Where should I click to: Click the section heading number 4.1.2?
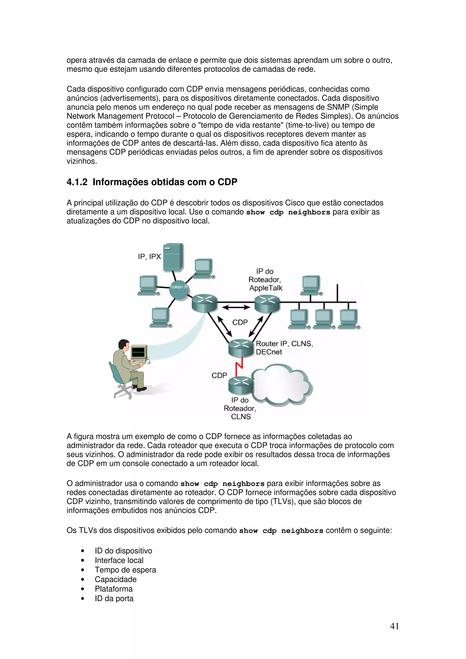click(x=77, y=182)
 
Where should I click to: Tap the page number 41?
click(x=394, y=626)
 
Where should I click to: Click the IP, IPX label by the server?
click(x=149, y=256)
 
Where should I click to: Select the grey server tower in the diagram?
click(x=173, y=257)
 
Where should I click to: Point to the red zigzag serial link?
click(x=239, y=367)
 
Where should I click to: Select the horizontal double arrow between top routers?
click(x=236, y=307)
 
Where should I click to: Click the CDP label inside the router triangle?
click(x=240, y=322)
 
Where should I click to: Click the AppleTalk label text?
click(x=266, y=288)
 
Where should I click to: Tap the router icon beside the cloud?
click(x=241, y=385)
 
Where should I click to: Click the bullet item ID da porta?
click(x=114, y=599)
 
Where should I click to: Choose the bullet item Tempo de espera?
click(x=125, y=570)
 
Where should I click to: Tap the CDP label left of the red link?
click(x=219, y=375)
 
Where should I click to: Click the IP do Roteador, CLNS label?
click(x=240, y=408)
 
